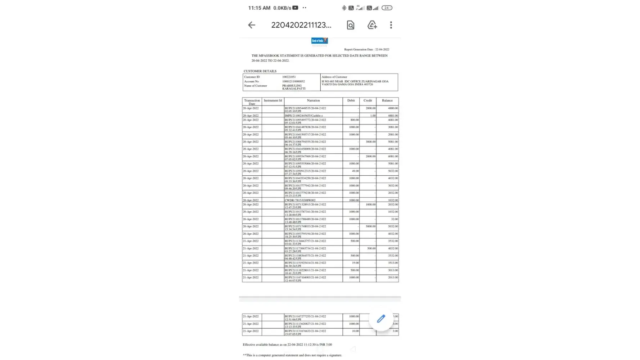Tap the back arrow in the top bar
(252, 25)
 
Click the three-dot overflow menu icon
(391, 25)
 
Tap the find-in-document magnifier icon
(350, 25)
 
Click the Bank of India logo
(319, 41)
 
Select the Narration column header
(313, 101)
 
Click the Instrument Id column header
(273, 101)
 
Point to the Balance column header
(387, 101)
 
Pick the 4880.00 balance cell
(393, 108)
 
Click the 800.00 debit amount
(355, 120)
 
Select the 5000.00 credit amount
(370, 226)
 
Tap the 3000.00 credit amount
(370, 142)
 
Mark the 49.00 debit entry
(355, 171)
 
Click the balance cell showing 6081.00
(393, 157)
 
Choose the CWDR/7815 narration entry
(300, 200)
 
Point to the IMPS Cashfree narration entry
(304, 116)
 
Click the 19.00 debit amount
(355, 263)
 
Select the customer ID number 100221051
(289, 77)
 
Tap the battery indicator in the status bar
(387, 8)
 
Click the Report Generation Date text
(366, 50)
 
